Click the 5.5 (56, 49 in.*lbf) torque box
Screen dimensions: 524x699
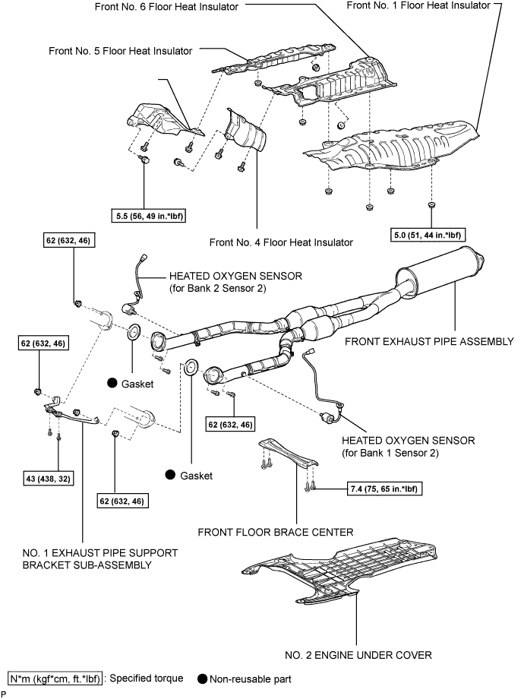(148, 217)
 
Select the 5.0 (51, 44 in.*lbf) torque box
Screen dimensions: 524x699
(428, 235)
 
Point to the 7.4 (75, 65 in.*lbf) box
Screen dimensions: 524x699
(384, 489)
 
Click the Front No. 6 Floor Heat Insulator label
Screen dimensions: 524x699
(166, 7)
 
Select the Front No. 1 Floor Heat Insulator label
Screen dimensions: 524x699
(418, 5)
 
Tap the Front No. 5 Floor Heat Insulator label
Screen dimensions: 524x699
(120, 51)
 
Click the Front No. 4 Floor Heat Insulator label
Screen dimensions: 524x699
(281, 242)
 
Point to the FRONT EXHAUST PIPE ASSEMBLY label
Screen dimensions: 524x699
(429, 341)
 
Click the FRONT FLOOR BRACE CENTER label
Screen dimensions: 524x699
(276, 532)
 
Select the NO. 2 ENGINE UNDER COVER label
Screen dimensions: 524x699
(358, 655)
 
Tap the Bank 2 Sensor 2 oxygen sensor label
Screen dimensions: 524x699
(235, 282)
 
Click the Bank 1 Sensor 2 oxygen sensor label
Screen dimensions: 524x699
(408, 447)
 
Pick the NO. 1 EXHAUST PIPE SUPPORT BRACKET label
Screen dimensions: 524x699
(100, 559)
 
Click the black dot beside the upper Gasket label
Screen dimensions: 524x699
(112, 383)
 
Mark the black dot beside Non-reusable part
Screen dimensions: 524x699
(202, 679)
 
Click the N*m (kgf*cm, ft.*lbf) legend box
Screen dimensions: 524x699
(55, 678)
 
